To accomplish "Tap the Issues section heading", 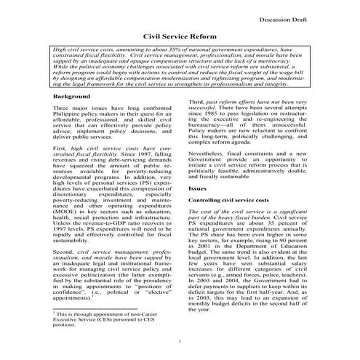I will click(198, 188).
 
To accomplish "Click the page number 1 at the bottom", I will click(179, 340).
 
